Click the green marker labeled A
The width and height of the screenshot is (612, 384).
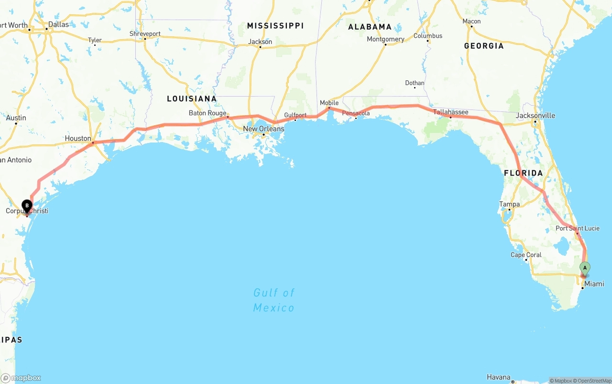pos(585,268)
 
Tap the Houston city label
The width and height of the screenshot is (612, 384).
pos(78,139)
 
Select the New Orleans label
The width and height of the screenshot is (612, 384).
pos(263,129)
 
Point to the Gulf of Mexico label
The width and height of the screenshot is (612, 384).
pos(274,300)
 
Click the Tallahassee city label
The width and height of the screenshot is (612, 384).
pos(450,112)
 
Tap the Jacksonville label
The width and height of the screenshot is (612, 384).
pos(535,115)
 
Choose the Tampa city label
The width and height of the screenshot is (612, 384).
pos(509,204)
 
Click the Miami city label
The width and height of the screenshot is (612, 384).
pos(594,284)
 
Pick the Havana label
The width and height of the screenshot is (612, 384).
pos(498,377)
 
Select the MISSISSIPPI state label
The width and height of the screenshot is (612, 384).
pos(275,26)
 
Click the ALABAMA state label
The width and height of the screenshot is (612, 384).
pos(370,27)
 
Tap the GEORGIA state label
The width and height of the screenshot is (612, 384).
pos(483,46)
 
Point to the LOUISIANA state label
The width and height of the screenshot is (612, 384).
pos(191,99)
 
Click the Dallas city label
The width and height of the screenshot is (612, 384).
pos(58,24)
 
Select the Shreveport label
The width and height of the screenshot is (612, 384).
pos(145,34)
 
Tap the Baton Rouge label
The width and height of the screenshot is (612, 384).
pos(208,113)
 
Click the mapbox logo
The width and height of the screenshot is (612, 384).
pos(21,378)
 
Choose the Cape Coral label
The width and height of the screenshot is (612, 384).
pos(526,255)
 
